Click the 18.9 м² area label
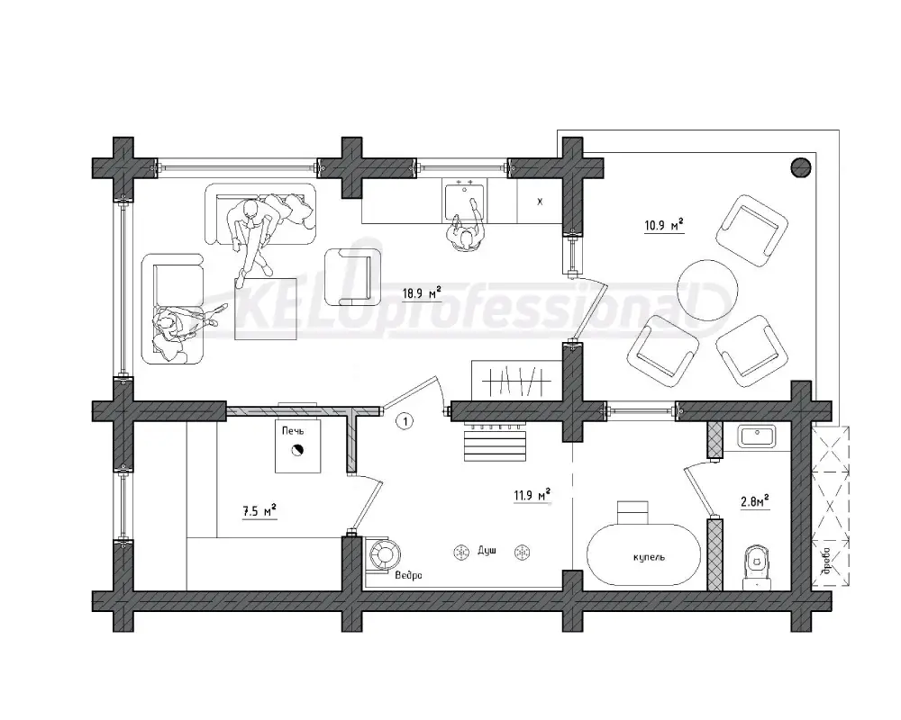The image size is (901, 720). pos(421,293)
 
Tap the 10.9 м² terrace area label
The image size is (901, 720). pos(664,224)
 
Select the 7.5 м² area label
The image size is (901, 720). pos(259,510)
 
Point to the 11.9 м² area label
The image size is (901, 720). pos(532,494)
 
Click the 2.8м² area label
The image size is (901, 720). pos(754,501)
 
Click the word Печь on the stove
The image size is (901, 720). pos(293,430)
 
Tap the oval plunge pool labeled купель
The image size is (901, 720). pos(643,554)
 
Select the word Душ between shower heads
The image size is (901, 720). pos(487,551)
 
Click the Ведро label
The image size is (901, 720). pos(408,575)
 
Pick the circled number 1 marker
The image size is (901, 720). pos(405,422)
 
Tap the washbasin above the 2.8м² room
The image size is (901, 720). pos(756,436)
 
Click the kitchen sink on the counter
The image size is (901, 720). pos(465,199)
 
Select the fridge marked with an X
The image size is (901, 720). pos(539,201)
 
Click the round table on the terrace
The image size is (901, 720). pos(706,291)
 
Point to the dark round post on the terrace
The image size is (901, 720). pos(801,167)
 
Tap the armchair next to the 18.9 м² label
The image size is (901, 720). pos(352,276)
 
